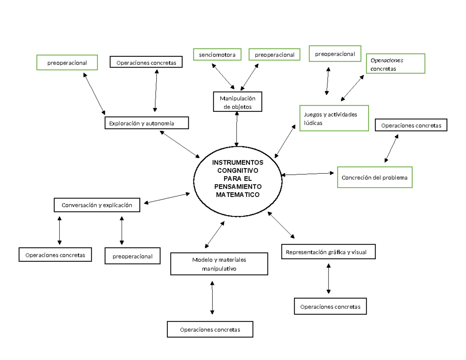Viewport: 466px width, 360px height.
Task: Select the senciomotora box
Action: (x=217, y=55)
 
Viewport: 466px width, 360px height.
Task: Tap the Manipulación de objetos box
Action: (x=237, y=102)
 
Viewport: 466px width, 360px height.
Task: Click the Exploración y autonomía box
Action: (x=147, y=123)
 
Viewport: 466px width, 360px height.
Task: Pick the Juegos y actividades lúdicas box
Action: (x=334, y=118)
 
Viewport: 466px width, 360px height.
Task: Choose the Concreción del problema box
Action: (x=374, y=177)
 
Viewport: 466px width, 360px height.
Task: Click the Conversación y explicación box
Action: (x=97, y=205)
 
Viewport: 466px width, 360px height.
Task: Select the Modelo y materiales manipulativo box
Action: (x=219, y=264)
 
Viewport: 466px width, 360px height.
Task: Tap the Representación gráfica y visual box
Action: (x=329, y=252)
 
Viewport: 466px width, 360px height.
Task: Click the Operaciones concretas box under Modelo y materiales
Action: (x=210, y=329)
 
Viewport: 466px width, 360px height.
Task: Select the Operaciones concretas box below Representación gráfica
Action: (x=330, y=306)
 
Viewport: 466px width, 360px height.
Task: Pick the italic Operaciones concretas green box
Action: (x=395, y=64)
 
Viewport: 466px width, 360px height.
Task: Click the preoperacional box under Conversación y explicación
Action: (x=132, y=256)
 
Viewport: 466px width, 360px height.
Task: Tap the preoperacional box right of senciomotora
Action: (x=275, y=55)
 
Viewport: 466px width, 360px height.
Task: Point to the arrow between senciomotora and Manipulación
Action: (x=223, y=76)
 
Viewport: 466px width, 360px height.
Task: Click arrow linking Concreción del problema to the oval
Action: (x=308, y=174)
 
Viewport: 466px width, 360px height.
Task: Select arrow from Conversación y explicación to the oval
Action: (x=167, y=198)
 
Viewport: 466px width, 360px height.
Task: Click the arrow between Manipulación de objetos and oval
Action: (x=237, y=129)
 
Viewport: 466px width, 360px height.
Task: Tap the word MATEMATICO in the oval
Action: (x=237, y=195)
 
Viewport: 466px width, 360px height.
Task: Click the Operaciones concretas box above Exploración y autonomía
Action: (x=146, y=62)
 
